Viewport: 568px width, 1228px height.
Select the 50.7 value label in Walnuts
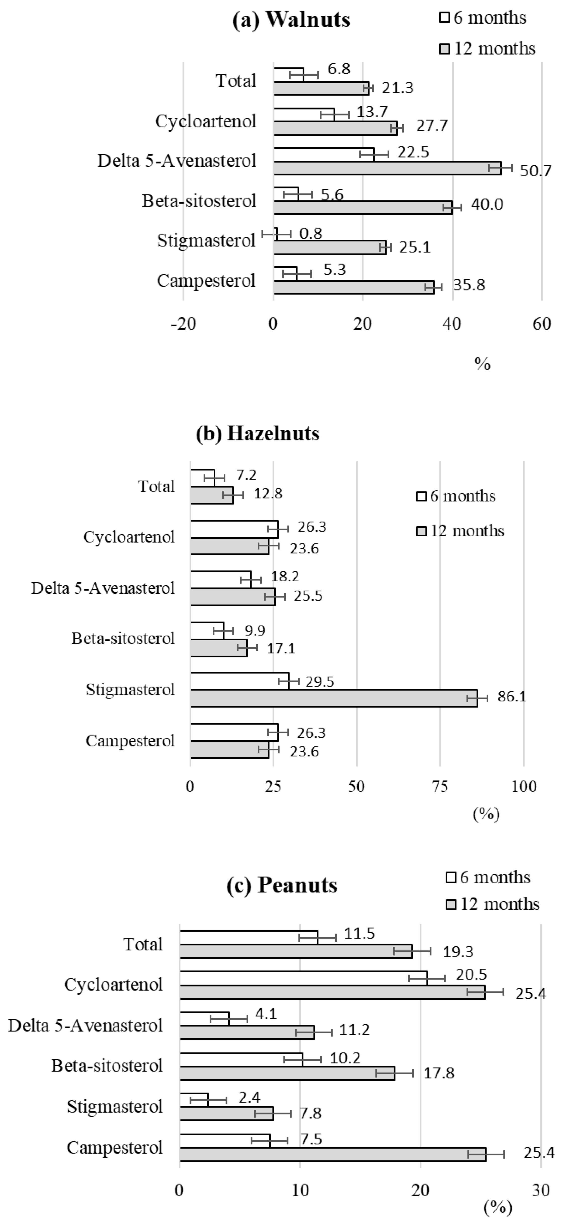tap(535, 171)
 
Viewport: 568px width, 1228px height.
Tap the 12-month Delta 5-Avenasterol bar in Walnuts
tap(387, 168)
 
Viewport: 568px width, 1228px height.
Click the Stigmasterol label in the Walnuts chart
tap(206, 240)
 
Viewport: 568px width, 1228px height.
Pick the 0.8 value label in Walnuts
tap(310, 233)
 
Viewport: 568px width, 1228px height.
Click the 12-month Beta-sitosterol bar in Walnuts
tap(362, 207)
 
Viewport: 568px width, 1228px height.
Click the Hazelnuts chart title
tap(258, 433)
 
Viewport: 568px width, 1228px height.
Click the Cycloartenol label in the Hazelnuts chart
tap(129, 537)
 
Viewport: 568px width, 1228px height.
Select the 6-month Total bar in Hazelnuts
tap(203, 477)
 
